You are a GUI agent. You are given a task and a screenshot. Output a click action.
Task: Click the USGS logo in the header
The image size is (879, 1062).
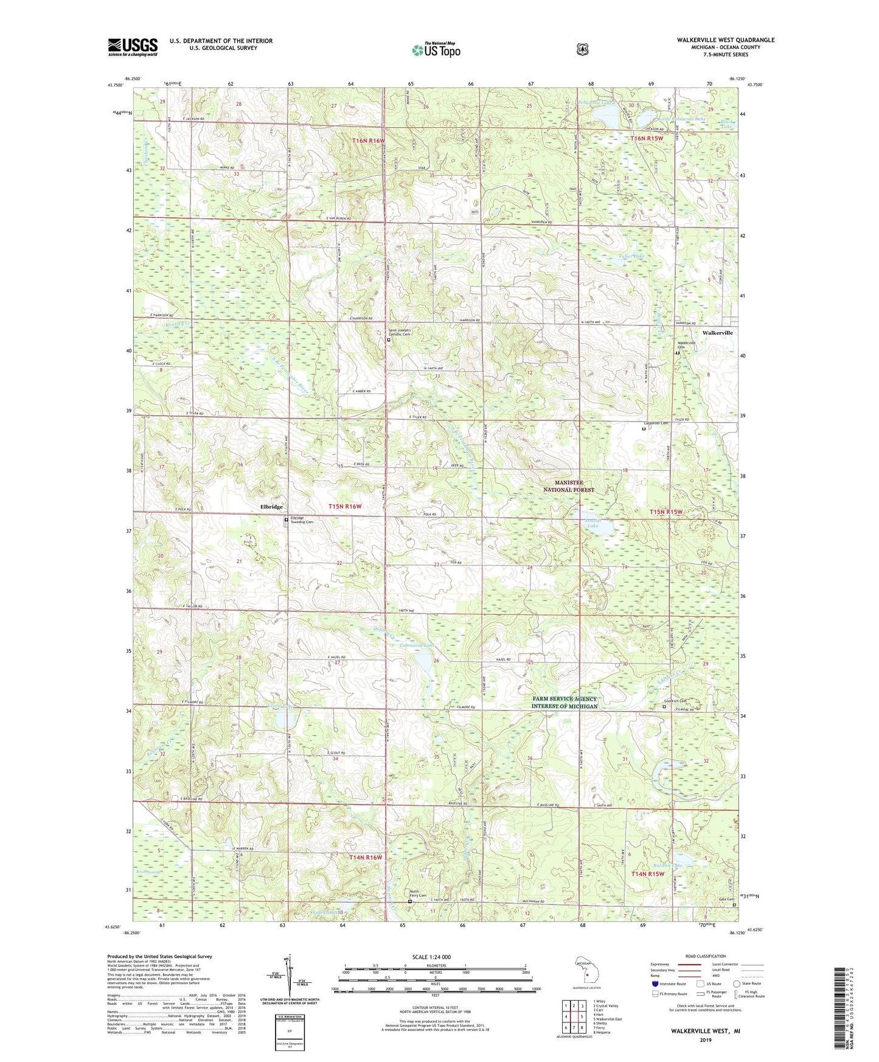(x=133, y=47)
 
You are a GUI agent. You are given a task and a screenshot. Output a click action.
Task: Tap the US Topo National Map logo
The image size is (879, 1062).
(x=435, y=49)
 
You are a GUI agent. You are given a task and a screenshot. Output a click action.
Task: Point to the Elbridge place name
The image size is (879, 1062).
(x=271, y=506)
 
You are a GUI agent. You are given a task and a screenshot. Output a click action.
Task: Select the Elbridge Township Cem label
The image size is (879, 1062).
(x=301, y=521)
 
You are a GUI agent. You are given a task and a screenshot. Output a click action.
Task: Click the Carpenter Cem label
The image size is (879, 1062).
(x=656, y=423)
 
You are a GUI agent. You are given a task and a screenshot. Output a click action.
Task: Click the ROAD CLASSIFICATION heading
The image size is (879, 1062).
(x=706, y=957)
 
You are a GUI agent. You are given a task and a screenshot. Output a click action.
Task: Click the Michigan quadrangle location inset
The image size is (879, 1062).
(x=585, y=973)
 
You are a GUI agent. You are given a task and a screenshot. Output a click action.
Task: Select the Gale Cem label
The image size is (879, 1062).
(x=728, y=899)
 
